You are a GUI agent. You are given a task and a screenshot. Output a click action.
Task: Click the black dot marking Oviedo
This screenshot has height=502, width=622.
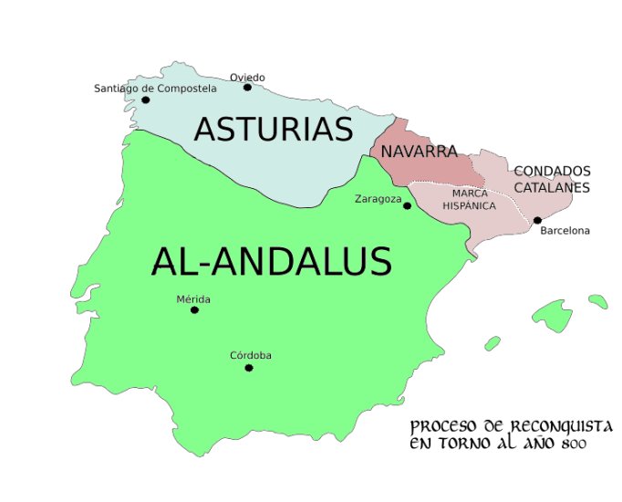[x=247, y=88]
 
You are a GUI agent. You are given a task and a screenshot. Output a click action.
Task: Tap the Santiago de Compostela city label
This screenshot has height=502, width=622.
[x=155, y=89]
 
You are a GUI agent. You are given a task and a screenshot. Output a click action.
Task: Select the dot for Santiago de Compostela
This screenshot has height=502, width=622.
[x=145, y=99]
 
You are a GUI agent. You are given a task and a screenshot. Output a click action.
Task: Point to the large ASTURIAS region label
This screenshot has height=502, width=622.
[x=273, y=130]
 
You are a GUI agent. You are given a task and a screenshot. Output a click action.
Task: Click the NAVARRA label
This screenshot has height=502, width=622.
[x=419, y=152]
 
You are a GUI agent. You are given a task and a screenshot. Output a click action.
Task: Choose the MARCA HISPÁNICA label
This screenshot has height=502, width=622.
[x=470, y=200]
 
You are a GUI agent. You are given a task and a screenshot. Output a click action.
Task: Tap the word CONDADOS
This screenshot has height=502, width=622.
[x=552, y=171]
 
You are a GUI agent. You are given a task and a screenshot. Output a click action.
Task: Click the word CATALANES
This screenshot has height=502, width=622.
[x=551, y=187]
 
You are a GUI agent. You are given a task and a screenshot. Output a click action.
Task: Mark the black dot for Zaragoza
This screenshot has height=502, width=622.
[x=407, y=205]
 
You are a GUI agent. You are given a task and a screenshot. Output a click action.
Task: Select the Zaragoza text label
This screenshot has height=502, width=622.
[x=378, y=199]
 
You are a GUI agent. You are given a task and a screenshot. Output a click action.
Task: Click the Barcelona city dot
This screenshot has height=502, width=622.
[x=537, y=220]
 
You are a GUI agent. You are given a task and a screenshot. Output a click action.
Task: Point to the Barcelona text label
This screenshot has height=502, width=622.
[x=565, y=231]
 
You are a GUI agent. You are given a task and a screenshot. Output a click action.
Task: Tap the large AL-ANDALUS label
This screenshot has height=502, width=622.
[x=271, y=263]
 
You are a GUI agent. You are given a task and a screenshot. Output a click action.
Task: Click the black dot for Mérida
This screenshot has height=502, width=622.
[x=194, y=310]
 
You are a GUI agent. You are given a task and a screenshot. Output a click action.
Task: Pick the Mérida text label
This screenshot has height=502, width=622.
[x=193, y=299]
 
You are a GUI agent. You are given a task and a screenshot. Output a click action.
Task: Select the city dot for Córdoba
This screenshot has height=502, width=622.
[x=248, y=368]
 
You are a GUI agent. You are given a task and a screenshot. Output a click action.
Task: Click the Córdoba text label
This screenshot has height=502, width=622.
[x=251, y=356]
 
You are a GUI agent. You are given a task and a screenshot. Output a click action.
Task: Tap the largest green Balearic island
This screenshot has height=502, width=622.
[x=553, y=316]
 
